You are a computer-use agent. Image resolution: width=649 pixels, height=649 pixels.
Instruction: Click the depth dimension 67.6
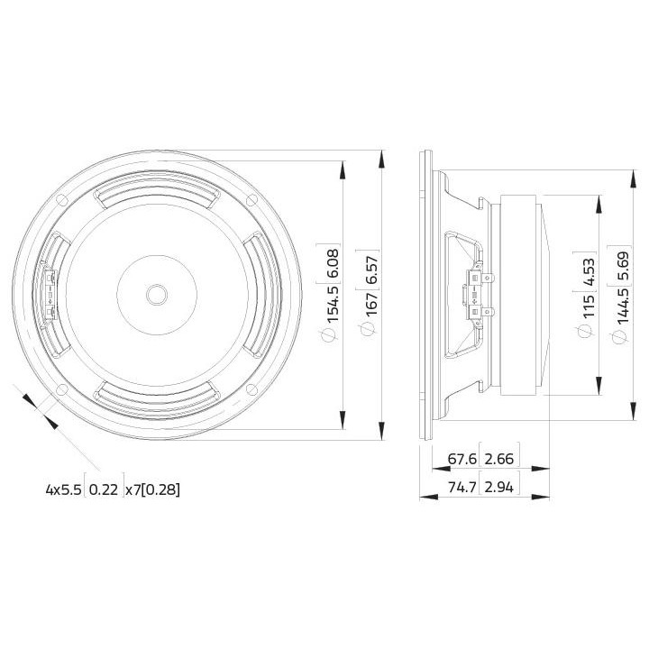coord(462,459)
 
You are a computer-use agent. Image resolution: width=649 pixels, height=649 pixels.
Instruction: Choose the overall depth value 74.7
coord(462,488)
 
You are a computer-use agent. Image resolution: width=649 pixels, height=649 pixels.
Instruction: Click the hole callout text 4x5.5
coord(63,490)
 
